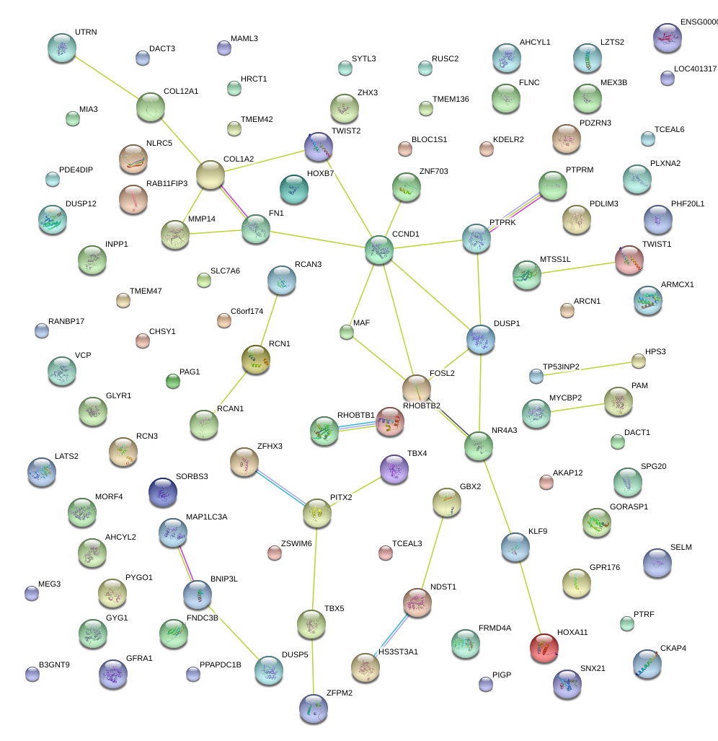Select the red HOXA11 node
pos(544,648)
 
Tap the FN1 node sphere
pos(255,228)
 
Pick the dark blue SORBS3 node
pos(162,492)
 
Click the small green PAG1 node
pos(172,380)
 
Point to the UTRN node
pos(61,48)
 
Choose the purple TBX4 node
pos(394,468)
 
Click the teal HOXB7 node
pos(293,189)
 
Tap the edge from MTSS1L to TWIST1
pos(578,267)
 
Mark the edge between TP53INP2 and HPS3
pos(587,368)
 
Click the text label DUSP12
pos(81,204)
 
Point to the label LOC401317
pos(695,69)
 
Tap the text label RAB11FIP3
pos(167,184)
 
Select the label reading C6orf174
pos(247,312)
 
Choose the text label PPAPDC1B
pos(220,665)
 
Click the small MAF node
pos(347,332)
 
